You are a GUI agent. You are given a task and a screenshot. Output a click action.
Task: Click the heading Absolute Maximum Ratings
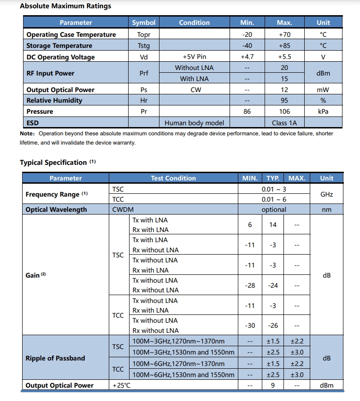[x=65, y=6]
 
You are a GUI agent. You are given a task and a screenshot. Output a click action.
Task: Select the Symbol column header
[x=144, y=23]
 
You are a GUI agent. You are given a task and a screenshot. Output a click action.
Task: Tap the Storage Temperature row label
[x=59, y=46]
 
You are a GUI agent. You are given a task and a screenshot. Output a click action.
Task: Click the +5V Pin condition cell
[x=194, y=57]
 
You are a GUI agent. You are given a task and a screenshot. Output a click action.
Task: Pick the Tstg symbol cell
[x=144, y=46]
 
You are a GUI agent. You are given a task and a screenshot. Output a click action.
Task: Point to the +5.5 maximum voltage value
[x=284, y=57]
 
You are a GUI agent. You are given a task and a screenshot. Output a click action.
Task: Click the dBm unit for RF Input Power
[x=323, y=73]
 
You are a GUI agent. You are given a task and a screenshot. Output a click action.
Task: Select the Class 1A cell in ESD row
[x=284, y=122]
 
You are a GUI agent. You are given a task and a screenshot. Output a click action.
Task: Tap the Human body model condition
[x=194, y=122]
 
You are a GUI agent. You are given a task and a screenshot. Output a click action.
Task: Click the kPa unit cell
[x=323, y=111]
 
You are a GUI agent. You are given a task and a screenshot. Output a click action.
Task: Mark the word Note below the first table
[x=26, y=134]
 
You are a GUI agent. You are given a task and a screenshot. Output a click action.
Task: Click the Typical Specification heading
[x=53, y=163]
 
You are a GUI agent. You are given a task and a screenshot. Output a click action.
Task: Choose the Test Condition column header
[x=173, y=178]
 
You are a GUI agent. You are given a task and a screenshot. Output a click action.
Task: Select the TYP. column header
[x=273, y=178]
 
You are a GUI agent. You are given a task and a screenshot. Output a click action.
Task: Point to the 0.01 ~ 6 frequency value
[x=274, y=199]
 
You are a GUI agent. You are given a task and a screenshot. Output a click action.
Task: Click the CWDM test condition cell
[x=123, y=209]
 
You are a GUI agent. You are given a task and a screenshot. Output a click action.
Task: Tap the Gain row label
[x=33, y=275]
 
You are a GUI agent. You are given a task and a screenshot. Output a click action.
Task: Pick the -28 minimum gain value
[x=249, y=285]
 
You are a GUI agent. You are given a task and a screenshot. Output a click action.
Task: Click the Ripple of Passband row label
[x=55, y=358]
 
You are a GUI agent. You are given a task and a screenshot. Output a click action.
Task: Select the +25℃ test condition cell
[x=122, y=385]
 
